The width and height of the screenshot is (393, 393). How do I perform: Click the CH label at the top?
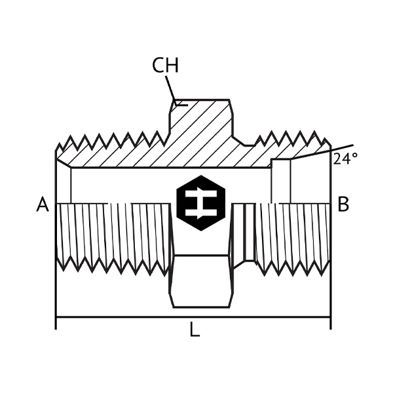point(165,65)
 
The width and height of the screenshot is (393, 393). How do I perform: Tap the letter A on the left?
point(43,205)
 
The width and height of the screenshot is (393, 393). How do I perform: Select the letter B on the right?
point(343,205)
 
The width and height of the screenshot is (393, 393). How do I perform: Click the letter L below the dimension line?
point(195,330)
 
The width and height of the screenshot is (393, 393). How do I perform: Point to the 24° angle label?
point(345,159)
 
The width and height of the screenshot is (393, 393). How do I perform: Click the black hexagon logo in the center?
point(200,203)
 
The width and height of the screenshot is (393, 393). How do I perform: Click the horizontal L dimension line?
point(131,318)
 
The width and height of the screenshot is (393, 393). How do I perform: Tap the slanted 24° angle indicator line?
point(324,152)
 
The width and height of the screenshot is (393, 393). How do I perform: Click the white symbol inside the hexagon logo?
point(200,203)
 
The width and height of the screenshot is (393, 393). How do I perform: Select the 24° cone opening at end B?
point(311,180)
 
